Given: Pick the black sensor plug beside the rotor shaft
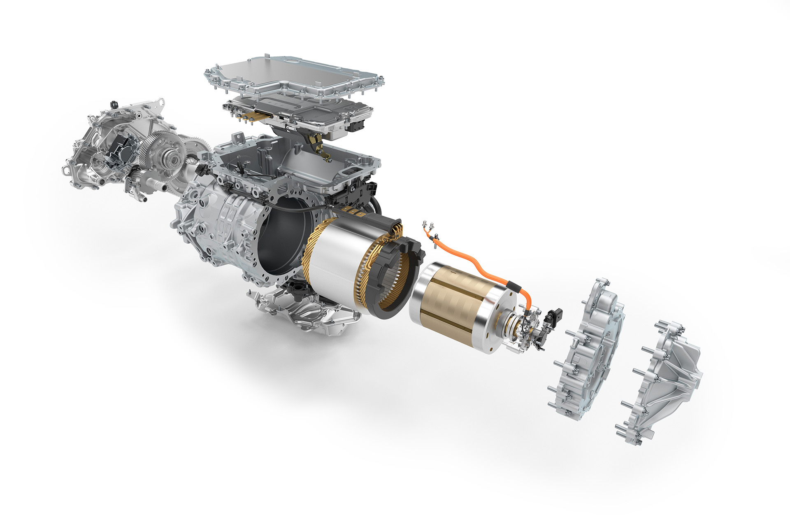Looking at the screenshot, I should (553, 317).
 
